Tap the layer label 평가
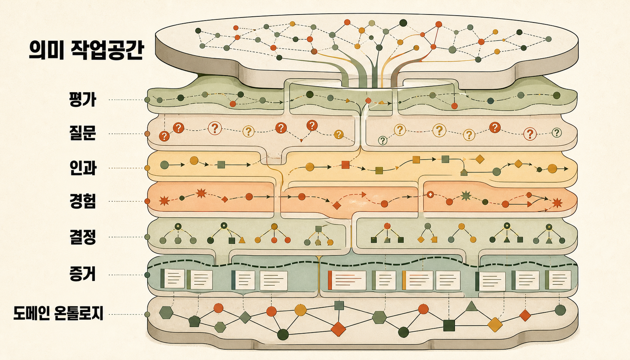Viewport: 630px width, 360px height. pos(83,99)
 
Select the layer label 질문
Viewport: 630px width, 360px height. pos(83,133)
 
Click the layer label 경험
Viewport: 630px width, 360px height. pos(83,201)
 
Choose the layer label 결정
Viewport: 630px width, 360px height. pos(83,237)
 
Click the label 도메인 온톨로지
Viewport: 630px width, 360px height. pos(58,314)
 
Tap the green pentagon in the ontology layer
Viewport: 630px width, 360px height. pos(194,321)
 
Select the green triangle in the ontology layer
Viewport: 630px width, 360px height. pos(471,306)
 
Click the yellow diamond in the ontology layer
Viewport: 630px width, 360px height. pos(495,325)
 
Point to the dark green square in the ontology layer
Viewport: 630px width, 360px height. pos(449,325)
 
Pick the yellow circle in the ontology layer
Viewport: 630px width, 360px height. pos(300,310)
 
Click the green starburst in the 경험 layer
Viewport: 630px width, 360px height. pos(466,195)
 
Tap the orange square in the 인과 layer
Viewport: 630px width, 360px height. pos(345,165)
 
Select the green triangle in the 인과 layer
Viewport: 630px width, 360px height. pos(464,172)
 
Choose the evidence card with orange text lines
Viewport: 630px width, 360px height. pos(347,280)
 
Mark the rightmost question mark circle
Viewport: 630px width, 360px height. pos(557,133)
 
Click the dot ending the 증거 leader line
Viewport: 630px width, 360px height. pos(147,275)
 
